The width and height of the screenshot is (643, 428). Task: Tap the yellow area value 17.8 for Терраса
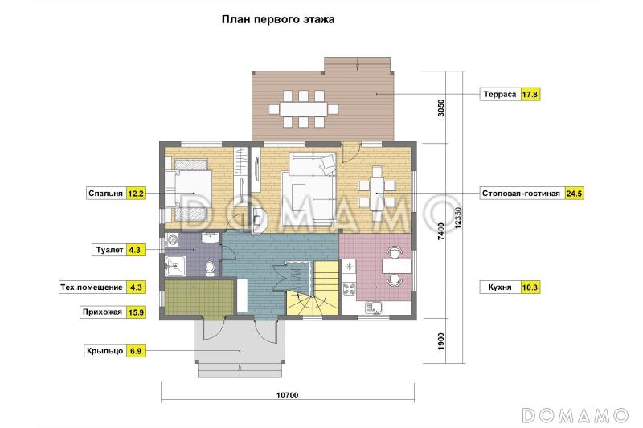[530, 94]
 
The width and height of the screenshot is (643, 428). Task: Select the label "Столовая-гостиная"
[521, 194]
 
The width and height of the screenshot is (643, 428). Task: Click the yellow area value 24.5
[574, 194]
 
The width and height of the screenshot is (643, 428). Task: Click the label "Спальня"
[105, 194]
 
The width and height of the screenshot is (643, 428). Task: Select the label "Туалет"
[109, 250]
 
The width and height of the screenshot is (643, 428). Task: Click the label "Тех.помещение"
[92, 287]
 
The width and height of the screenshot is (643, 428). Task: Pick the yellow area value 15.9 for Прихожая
[135, 313]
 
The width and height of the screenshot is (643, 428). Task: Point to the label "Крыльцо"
[104, 351]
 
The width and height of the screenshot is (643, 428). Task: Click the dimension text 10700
[288, 395]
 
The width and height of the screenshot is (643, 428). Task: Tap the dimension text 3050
[440, 109]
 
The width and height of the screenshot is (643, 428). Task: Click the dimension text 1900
[440, 342]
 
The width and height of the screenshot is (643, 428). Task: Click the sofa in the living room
[310, 186]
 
